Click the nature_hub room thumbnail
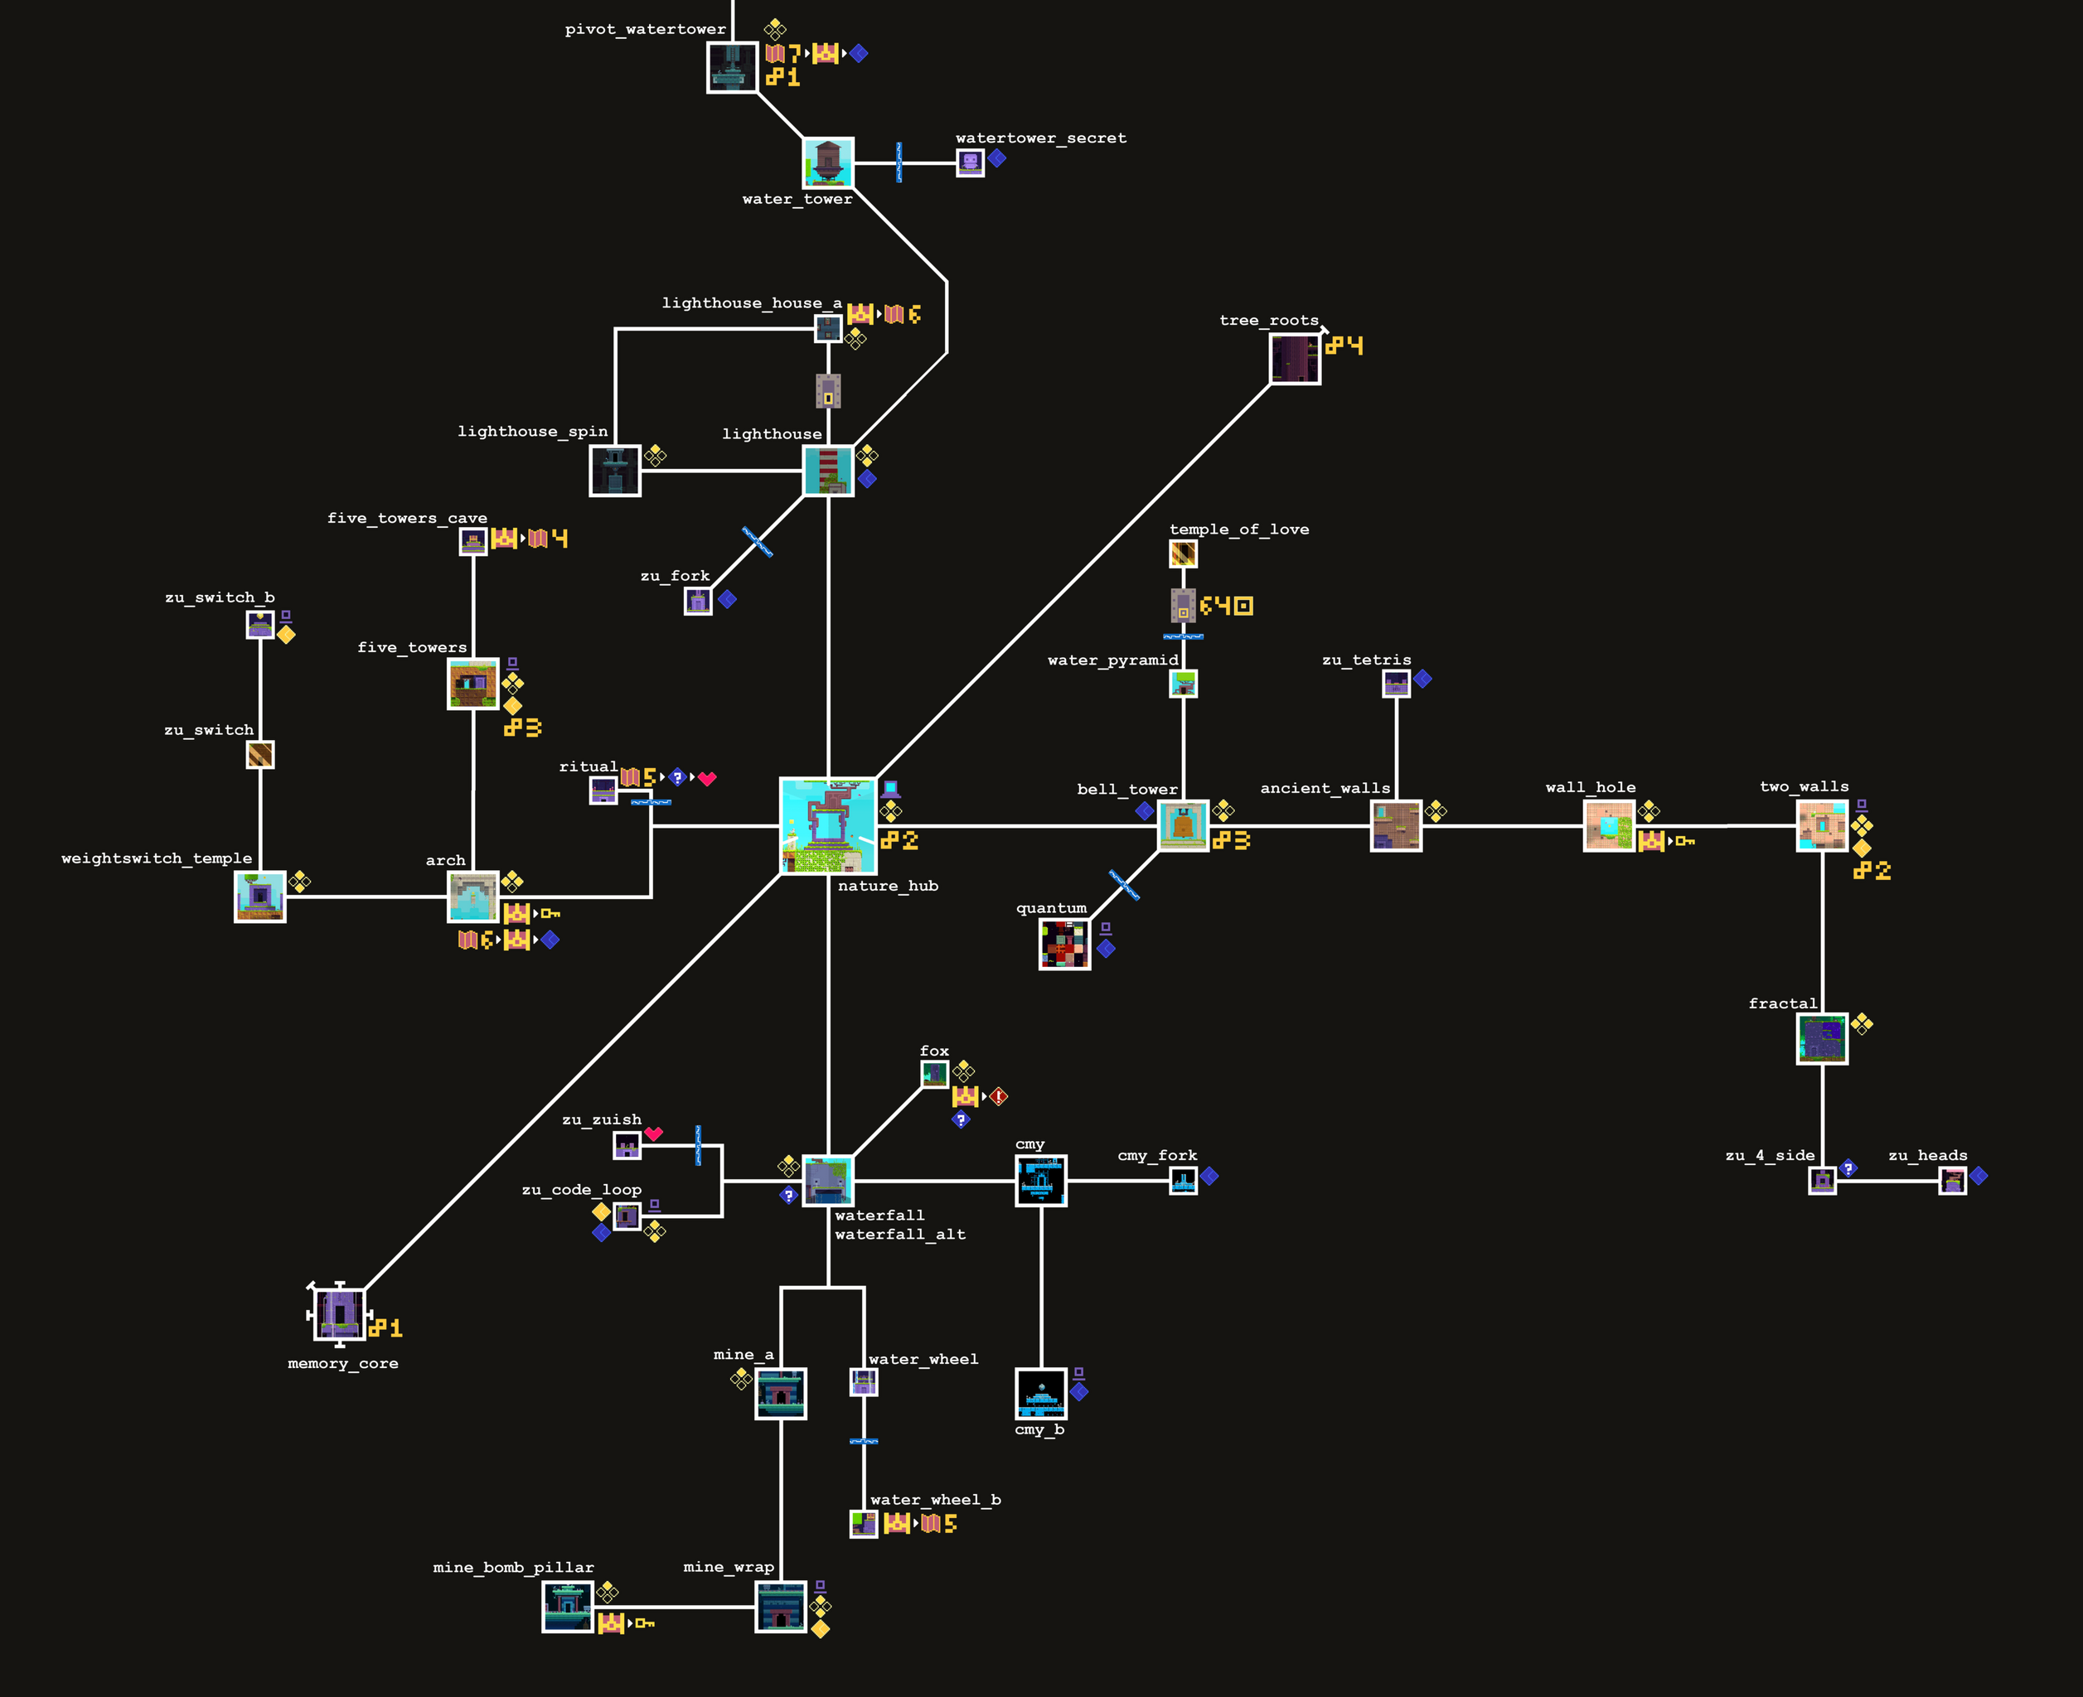[827, 826]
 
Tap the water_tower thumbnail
[827, 162]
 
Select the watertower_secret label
[1040, 138]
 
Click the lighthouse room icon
[827, 470]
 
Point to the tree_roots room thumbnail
[1295, 359]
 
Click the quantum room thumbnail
[1064, 945]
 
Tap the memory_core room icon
[339, 1314]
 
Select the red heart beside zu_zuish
[654, 1133]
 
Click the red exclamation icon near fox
[999, 1095]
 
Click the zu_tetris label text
[1366, 660]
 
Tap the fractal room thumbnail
[1822, 1038]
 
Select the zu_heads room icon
[1953, 1181]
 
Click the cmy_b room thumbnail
[1040, 1393]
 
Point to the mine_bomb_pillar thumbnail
[567, 1606]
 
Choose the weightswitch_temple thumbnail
[260, 897]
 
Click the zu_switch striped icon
[260, 755]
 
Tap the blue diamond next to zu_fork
[727, 599]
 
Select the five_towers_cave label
[407, 518]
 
